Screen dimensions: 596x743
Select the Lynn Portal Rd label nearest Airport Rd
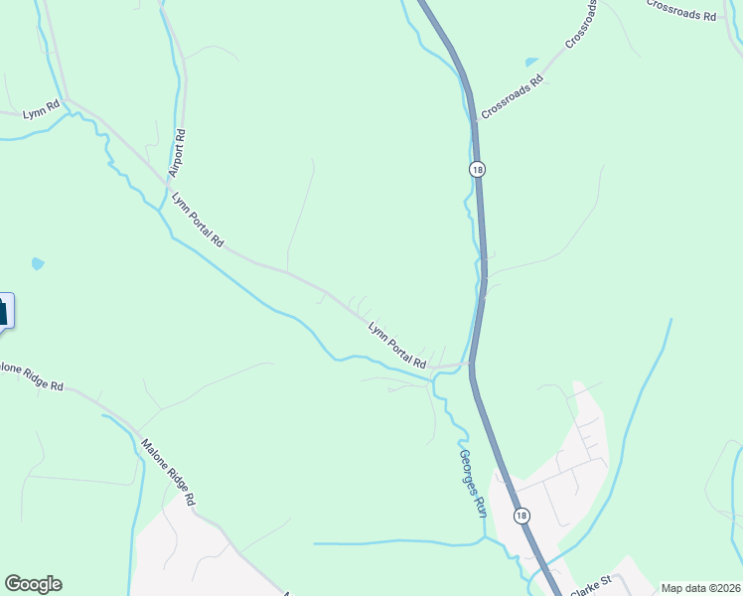[x=198, y=220]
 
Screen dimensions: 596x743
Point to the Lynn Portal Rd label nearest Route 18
[x=396, y=343]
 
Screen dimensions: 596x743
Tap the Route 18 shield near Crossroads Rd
[x=478, y=170]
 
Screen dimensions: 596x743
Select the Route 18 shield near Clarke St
[x=520, y=515]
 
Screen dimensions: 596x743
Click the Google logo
[x=33, y=584]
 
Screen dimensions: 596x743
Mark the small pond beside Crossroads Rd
[x=531, y=62]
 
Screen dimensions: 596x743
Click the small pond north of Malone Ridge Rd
[x=38, y=264]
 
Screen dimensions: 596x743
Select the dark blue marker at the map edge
[x=5, y=310]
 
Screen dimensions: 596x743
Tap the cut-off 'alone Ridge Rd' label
[x=32, y=376]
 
